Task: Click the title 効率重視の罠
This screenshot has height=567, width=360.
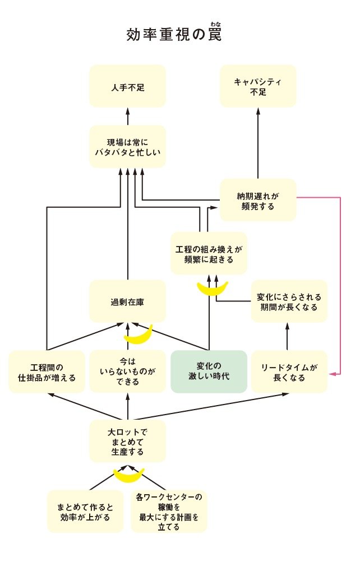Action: [x=174, y=35]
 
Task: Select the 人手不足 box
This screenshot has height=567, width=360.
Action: [x=127, y=86]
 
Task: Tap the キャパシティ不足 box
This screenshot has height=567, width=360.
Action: [x=258, y=86]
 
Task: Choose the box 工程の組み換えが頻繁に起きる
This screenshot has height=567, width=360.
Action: [x=209, y=253]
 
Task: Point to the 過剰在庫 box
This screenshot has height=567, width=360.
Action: [x=127, y=301]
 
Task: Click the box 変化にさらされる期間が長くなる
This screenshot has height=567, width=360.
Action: [x=288, y=301]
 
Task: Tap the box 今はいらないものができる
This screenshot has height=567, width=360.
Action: [x=127, y=371]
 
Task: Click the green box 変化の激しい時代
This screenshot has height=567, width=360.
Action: [x=209, y=371]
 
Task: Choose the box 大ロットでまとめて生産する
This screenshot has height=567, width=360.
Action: [x=127, y=442]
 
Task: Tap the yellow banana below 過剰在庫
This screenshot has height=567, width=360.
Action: [x=138, y=334]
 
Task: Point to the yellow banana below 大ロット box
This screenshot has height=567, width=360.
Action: [x=129, y=475]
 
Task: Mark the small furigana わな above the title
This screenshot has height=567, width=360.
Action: [x=216, y=24]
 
